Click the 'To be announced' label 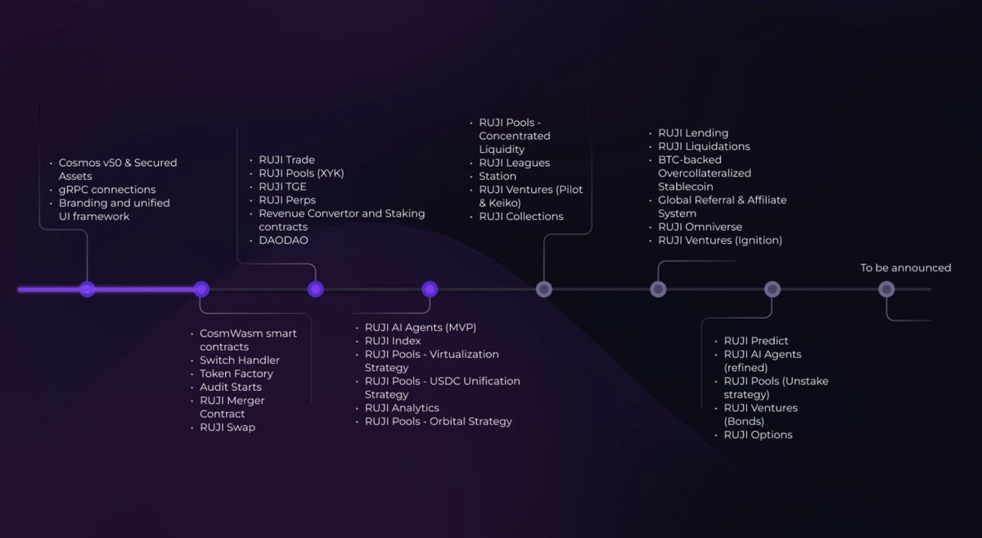pos(905,267)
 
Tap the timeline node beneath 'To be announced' pos(886,289)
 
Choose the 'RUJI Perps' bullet pos(286,200)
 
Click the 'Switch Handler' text pos(239,361)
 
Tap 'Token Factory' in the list pos(236,374)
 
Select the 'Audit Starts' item pos(230,388)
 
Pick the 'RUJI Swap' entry pos(227,428)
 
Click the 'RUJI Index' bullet pos(393,341)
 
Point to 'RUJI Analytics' pos(402,408)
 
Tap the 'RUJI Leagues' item pos(514,163)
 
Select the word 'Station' pos(498,177)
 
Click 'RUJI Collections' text pos(520,217)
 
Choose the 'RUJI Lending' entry pos(692,133)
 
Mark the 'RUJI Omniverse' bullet pos(700,227)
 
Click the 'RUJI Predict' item pos(755,341)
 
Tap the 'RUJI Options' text pos(758,435)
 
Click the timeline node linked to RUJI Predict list pos(772,289)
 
